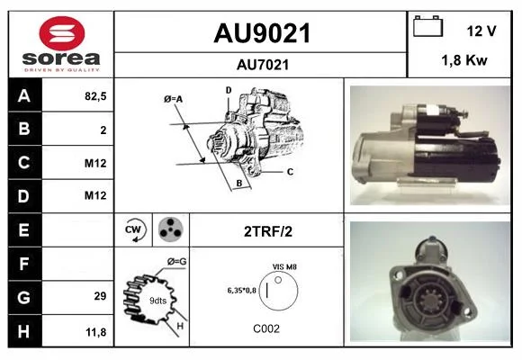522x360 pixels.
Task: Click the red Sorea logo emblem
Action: [62, 33]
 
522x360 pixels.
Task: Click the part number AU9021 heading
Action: [262, 33]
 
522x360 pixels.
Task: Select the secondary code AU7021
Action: [263, 65]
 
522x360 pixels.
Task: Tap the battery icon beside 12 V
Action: [427, 26]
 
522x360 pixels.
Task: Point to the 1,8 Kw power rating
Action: [464, 60]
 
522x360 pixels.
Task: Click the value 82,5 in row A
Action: [95, 96]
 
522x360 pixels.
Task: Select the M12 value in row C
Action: [95, 163]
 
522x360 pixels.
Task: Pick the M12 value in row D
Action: [95, 195]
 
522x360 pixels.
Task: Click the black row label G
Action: [25, 297]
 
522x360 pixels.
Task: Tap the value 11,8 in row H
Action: [96, 332]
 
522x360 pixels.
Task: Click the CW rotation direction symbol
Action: [133, 229]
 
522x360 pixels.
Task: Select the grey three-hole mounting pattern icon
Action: [170, 229]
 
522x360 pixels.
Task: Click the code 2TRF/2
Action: [268, 231]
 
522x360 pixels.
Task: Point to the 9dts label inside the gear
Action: [157, 301]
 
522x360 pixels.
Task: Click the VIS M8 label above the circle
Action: [284, 266]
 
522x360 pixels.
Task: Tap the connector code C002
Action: [266, 328]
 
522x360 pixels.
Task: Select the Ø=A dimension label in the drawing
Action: [173, 99]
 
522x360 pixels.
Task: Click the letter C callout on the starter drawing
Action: [290, 172]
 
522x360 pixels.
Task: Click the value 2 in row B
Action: [103, 130]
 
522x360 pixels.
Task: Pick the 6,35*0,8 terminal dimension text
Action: [242, 291]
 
